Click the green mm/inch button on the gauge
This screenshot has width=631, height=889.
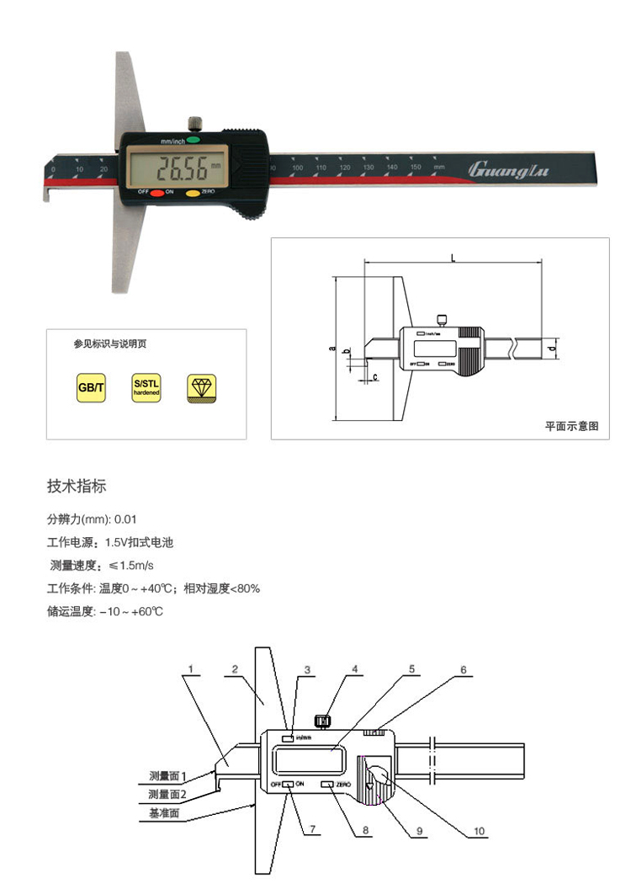pos(194,138)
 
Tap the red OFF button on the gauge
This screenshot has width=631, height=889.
pos(157,193)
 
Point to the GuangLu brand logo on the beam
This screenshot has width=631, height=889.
pos(507,170)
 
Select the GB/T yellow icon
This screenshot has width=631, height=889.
pos(91,388)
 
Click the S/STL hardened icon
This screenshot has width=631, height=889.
pos(146,388)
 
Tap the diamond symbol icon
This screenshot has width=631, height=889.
pos(201,388)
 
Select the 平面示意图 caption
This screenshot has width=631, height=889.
pos(571,427)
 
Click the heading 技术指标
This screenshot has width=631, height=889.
pos(76,487)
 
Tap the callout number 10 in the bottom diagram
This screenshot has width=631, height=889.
pos(479,831)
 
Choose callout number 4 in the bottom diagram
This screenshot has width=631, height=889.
pos(354,670)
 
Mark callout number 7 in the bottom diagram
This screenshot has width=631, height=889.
pos(312,830)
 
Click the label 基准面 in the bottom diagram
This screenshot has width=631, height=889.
pos(164,814)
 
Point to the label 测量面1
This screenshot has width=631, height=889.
pos(167,775)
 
